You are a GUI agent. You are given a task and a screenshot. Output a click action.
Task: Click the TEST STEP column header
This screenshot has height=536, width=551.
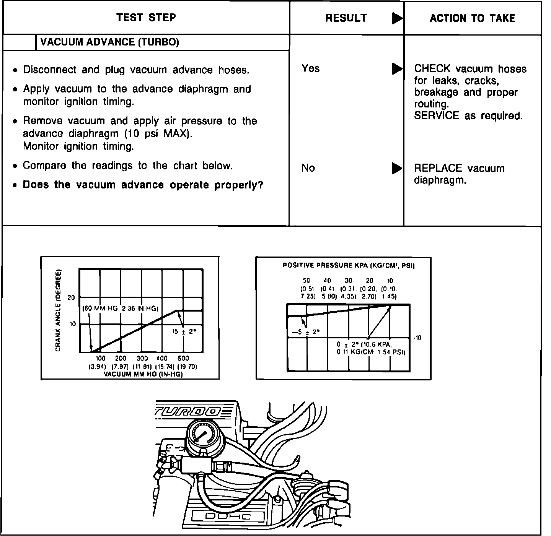(146, 18)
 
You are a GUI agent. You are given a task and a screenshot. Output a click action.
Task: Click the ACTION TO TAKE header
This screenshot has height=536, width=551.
(472, 18)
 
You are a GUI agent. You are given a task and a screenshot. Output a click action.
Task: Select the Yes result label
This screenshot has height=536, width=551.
(310, 68)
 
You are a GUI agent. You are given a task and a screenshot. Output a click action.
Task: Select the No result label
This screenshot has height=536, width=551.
(308, 168)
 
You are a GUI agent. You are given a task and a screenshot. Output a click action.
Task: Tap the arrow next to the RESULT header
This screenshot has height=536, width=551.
(397, 18)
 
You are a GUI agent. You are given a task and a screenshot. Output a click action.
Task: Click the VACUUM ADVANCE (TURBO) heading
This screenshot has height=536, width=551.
(109, 42)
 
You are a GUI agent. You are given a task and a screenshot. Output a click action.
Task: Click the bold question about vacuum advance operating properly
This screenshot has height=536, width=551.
(143, 185)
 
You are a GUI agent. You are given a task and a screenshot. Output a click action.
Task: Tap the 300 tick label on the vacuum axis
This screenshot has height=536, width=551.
(142, 359)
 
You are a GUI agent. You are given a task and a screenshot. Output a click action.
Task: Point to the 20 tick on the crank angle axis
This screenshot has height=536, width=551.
(71, 298)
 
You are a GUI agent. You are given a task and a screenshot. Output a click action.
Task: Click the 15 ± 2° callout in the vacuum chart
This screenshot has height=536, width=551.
(184, 332)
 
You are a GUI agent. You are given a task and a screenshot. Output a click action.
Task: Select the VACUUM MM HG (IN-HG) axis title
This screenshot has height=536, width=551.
(143, 374)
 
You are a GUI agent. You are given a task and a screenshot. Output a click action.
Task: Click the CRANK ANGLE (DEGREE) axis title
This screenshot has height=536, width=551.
(58, 310)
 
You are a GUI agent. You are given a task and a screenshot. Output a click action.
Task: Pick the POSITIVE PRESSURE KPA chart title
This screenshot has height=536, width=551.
(349, 265)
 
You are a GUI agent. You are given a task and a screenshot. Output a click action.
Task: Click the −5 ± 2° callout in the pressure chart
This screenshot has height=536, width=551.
(305, 332)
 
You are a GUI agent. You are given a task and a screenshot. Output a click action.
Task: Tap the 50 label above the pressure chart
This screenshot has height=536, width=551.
(306, 281)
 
